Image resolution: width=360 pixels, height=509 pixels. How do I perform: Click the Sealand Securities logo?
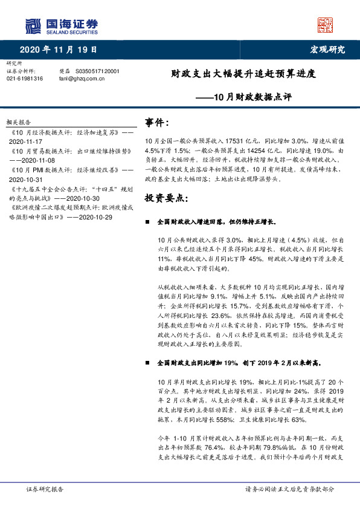61,26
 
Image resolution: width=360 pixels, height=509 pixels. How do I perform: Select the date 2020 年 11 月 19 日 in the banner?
59,50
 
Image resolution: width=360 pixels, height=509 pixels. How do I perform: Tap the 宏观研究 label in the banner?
328,50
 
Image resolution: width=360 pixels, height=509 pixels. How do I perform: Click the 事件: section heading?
158,123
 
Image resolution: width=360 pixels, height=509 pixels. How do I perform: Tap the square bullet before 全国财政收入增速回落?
148,222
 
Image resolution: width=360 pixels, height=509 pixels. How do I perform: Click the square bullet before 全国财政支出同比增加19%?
148,364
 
